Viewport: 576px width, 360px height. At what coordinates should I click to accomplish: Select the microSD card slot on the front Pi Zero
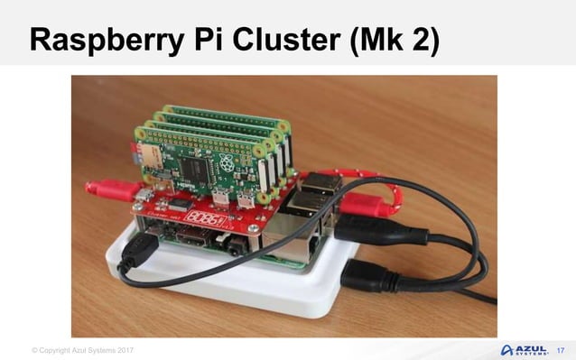(153, 166)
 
